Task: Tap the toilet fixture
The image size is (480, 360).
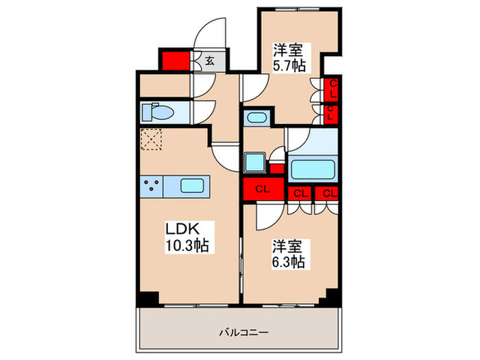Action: [x=153, y=112]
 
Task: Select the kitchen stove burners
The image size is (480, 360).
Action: [x=152, y=185]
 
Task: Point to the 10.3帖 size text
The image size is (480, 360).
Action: [x=187, y=245]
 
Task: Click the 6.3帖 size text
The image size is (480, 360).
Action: [x=287, y=261]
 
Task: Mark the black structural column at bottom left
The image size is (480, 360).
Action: [x=146, y=298]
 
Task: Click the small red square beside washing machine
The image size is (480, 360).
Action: [x=276, y=169]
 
